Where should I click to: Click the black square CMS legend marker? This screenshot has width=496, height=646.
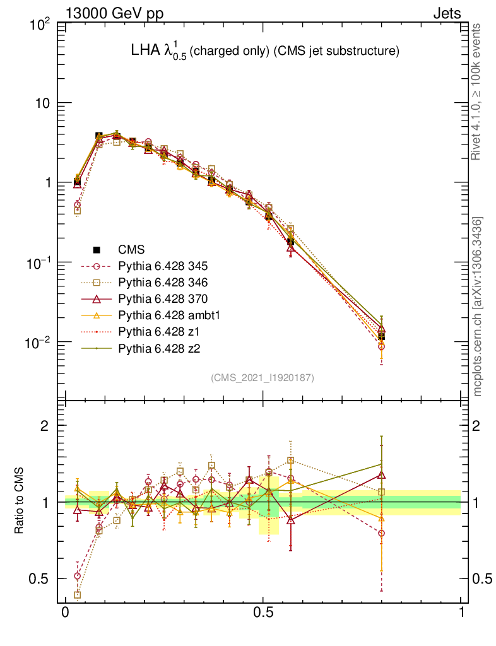[97, 249]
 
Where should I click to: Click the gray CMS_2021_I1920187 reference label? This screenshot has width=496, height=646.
[263, 377]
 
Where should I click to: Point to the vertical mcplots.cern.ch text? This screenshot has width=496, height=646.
[478, 306]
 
